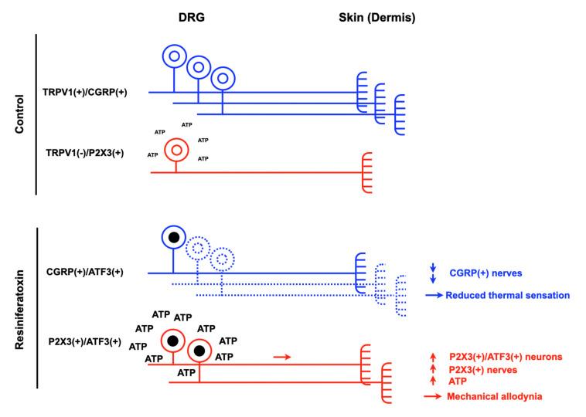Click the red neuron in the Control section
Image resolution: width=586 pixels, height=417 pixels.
(176, 148)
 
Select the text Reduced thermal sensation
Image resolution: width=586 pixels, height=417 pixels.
(513, 295)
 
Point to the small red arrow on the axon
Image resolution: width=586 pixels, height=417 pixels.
(283, 357)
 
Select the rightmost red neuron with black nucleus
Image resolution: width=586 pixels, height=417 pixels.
(200, 351)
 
